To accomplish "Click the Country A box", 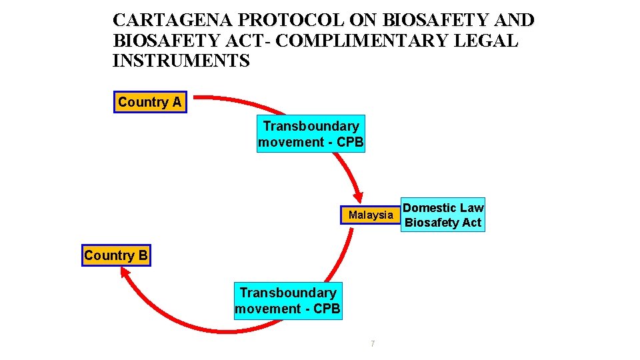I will click(x=150, y=103).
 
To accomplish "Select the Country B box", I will click(x=117, y=255).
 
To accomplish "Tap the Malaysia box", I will click(x=371, y=215).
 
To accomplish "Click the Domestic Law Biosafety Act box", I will click(x=443, y=215).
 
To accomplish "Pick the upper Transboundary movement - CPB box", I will click(x=311, y=134).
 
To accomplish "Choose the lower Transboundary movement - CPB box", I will click(x=288, y=301).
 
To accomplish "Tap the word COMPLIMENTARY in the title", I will click(x=364, y=41).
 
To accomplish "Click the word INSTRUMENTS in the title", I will click(x=181, y=61).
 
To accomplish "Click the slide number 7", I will click(x=372, y=343).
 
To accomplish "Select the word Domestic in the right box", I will click(x=427, y=208).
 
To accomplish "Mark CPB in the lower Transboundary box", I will click(x=327, y=309).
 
